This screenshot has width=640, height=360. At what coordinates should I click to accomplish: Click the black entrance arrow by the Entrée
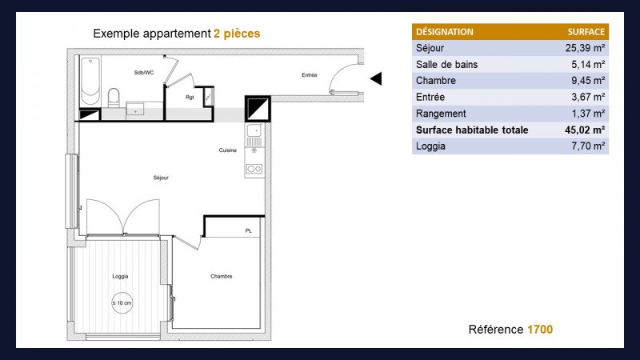(x=377, y=78)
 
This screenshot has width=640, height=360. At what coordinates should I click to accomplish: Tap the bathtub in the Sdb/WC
(x=90, y=82)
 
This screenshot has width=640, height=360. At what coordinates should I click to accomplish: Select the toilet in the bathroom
(x=114, y=98)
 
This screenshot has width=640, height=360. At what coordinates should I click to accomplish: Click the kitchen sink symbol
(x=254, y=130)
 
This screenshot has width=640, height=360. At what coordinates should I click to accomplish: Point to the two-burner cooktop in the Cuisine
(x=254, y=169)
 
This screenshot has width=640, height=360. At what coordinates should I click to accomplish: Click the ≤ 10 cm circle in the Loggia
(x=122, y=303)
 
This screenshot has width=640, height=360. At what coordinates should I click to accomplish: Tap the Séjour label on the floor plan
(x=161, y=178)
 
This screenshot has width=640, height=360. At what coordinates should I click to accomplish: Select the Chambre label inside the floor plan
(x=222, y=276)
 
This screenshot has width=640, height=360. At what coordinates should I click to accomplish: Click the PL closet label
(x=249, y=230)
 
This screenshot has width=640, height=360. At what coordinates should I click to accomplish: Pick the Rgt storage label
(x=190, y=97)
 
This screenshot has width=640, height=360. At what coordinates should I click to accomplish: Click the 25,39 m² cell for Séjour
(x=585, y=48)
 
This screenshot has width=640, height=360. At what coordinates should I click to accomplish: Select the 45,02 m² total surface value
(x=585, y=130)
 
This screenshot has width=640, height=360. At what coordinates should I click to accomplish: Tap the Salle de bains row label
(x=446, y=65)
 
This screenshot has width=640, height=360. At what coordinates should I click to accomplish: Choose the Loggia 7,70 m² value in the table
(x=588, y=146)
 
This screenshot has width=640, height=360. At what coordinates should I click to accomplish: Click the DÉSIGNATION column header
(x=445, y=32)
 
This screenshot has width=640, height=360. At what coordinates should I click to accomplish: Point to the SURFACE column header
(x=586, y=32)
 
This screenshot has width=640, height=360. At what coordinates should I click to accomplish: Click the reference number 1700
(x=540, y=330)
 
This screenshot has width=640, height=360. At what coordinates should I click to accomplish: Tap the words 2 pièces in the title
(x=237, y=34)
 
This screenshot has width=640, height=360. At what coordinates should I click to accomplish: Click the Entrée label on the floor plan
(x=310, y=74)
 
